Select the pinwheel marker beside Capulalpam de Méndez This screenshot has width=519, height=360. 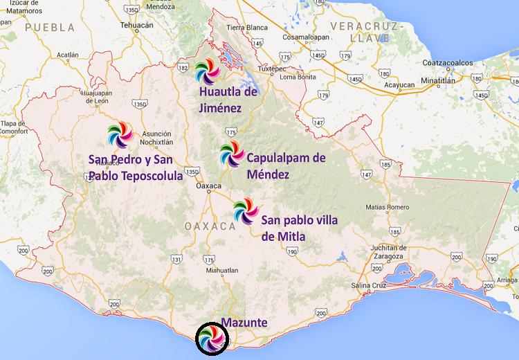(x=232, y=155)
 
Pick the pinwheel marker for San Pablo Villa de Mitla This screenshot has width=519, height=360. (x=245, y=210)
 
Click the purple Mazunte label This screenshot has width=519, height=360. (x=244, y=323)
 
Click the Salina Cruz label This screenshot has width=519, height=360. (x=372, y=285)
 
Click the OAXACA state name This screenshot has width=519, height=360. (x=210, y=226)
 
